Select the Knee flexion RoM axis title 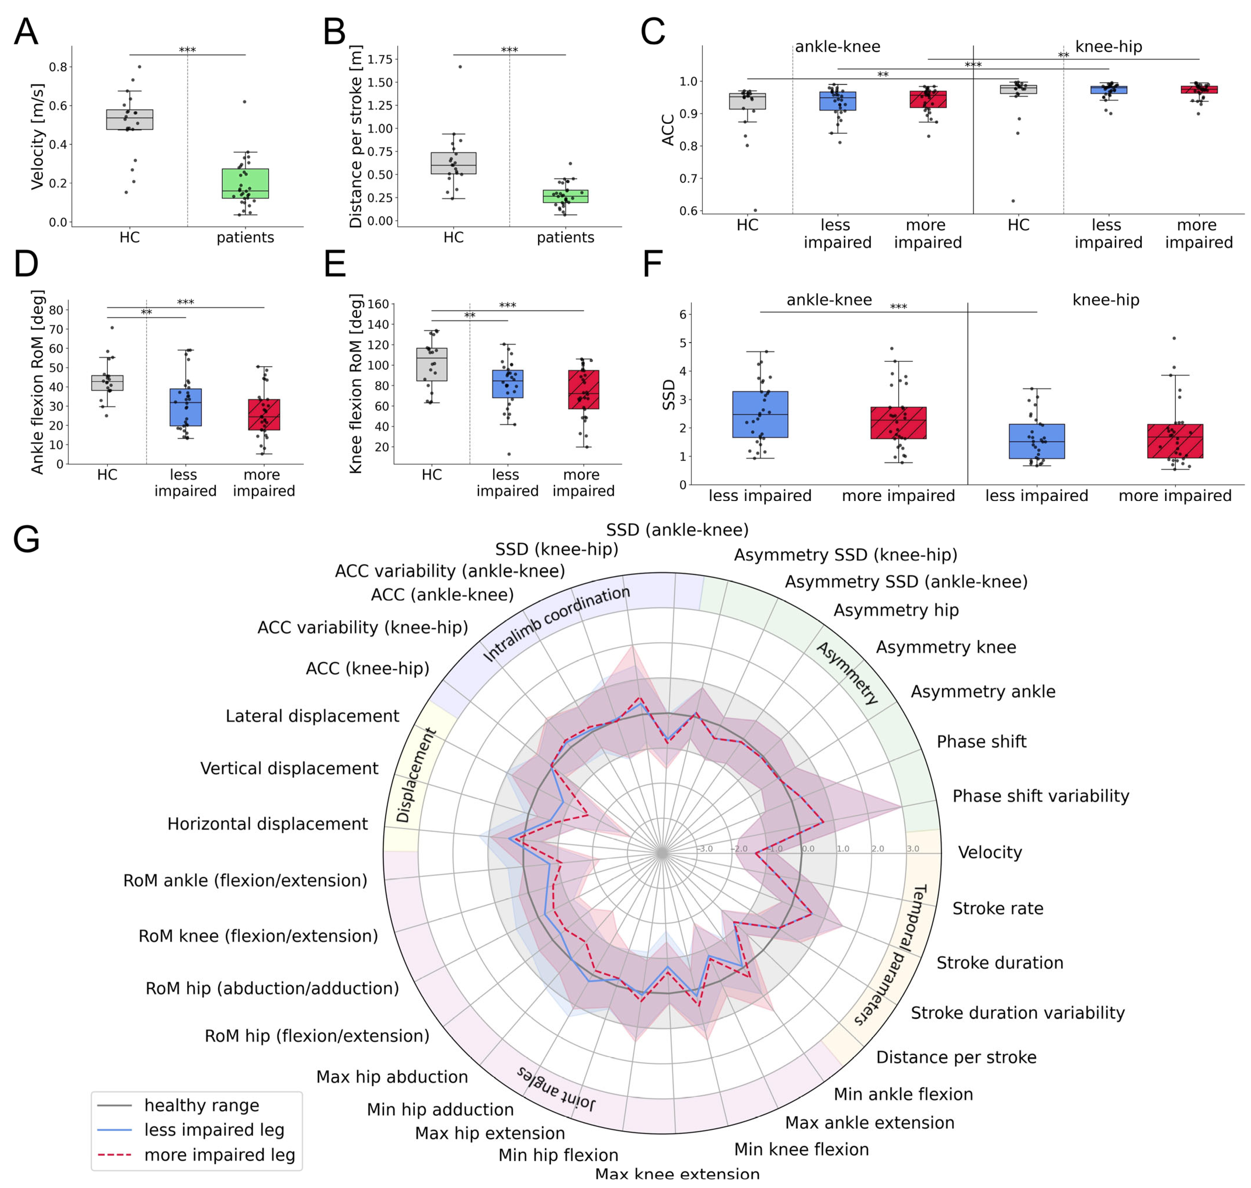pyautogui.click(x=356, y=383)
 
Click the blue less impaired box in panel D pyautogui.click(x=185, y=407)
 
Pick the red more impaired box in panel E pyautogui.click(x=583, y=389)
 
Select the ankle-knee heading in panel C pyautogui.click(x=837, y=47)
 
